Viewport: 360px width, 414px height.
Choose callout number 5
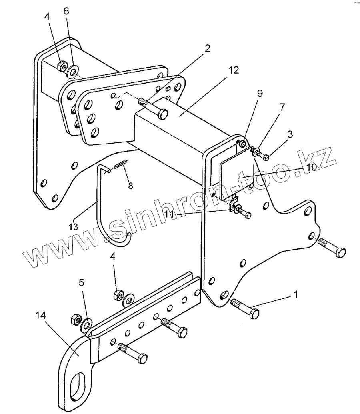82,283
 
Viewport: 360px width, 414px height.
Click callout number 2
207,49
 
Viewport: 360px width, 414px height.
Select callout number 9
260,94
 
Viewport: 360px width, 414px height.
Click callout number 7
282,107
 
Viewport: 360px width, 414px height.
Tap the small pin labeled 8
120,164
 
